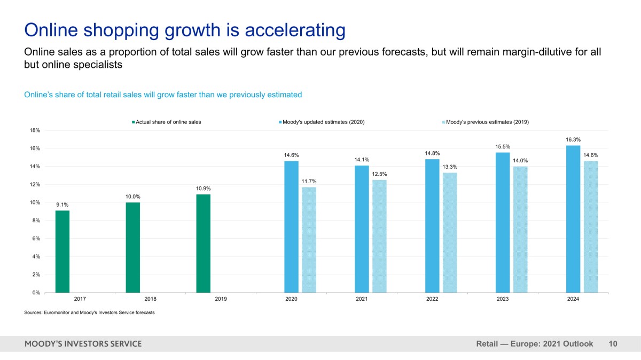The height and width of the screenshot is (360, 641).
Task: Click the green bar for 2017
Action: [62, 252]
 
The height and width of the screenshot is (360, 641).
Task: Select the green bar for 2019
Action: [203, 244]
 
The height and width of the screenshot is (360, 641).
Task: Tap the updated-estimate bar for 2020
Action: [291, 227]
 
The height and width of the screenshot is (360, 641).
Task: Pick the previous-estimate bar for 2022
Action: [450, 232]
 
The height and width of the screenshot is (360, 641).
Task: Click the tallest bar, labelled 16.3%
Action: [573, 219]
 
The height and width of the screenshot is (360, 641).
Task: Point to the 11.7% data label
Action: [309, 182]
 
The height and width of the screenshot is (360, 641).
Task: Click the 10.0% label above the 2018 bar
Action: [133, 197]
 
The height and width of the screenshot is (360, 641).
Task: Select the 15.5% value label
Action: [503, 146]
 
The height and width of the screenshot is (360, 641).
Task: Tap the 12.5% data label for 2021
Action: [379, 174]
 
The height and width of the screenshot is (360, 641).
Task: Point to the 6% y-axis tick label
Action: [36, 239]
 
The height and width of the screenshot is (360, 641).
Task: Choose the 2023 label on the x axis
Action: [503, 299]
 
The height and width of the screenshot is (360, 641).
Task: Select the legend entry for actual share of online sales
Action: [167, 122]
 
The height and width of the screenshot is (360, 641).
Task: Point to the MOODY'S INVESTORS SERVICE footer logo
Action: [83, 344]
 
